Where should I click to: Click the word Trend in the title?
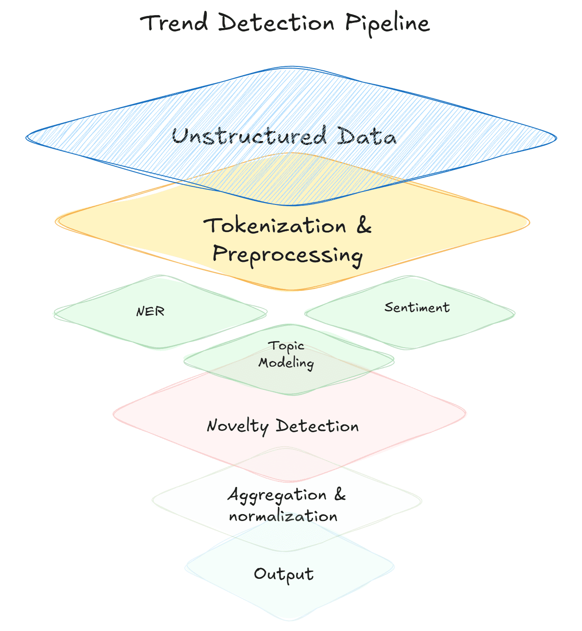[174, 22]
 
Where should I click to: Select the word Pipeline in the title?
[387, 23]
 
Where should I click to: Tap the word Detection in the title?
[276, 22]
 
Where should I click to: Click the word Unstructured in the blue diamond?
[249, 136]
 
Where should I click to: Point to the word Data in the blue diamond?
[367, 137]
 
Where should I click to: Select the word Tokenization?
[275, 226]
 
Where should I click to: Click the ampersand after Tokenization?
[364, 225]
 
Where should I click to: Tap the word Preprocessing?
[288, 254]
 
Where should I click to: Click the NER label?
[150, 311]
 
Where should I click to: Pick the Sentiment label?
[417, 308]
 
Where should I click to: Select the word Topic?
[286, 346]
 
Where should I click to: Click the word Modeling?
[286, 363]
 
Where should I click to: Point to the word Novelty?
[237, 426]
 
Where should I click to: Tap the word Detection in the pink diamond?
[317, 426]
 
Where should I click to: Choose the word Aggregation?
[277, 495]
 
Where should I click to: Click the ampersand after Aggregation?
[340, 494]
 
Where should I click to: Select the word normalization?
[283, 516]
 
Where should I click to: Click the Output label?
[284, 574]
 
